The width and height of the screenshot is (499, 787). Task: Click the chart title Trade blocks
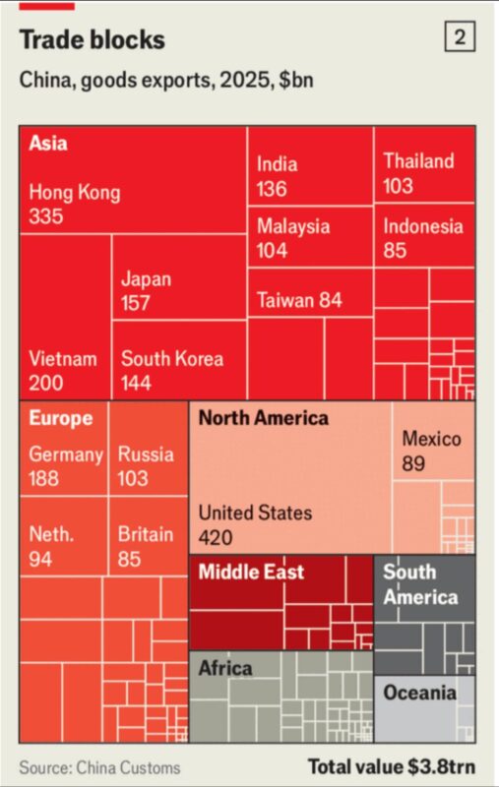click(92, 39)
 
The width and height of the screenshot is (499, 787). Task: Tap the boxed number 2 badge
click(460, 37)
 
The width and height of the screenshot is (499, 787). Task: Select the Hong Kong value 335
click(46, 216)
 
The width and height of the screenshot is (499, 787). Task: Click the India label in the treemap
click(277, 164)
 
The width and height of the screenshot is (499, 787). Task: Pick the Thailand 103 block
click(424, 164)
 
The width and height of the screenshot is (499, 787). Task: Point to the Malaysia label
click(293, 226)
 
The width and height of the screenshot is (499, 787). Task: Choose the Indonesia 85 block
click(424, 236)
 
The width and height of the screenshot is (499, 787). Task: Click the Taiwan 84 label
click(299, 300)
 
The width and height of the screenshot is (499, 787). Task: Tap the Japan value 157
click(135, 303)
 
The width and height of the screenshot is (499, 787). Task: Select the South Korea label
click(172, 359)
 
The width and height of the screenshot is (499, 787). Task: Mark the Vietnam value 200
click(46, 384)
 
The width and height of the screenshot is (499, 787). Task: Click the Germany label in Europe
click(66, 454)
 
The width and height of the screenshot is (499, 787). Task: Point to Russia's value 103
click(133, 478)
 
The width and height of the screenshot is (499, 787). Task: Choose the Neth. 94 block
click(64, 536)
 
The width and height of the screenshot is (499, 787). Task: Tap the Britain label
click(146, 534)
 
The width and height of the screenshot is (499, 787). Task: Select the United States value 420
click(216, 537)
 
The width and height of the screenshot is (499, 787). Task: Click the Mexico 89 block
click(433, 441)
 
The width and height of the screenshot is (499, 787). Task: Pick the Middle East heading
click(251, 572)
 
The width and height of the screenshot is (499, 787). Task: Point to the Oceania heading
click(419, 694)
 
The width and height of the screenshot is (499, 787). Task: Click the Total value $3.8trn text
click(392, 766)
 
